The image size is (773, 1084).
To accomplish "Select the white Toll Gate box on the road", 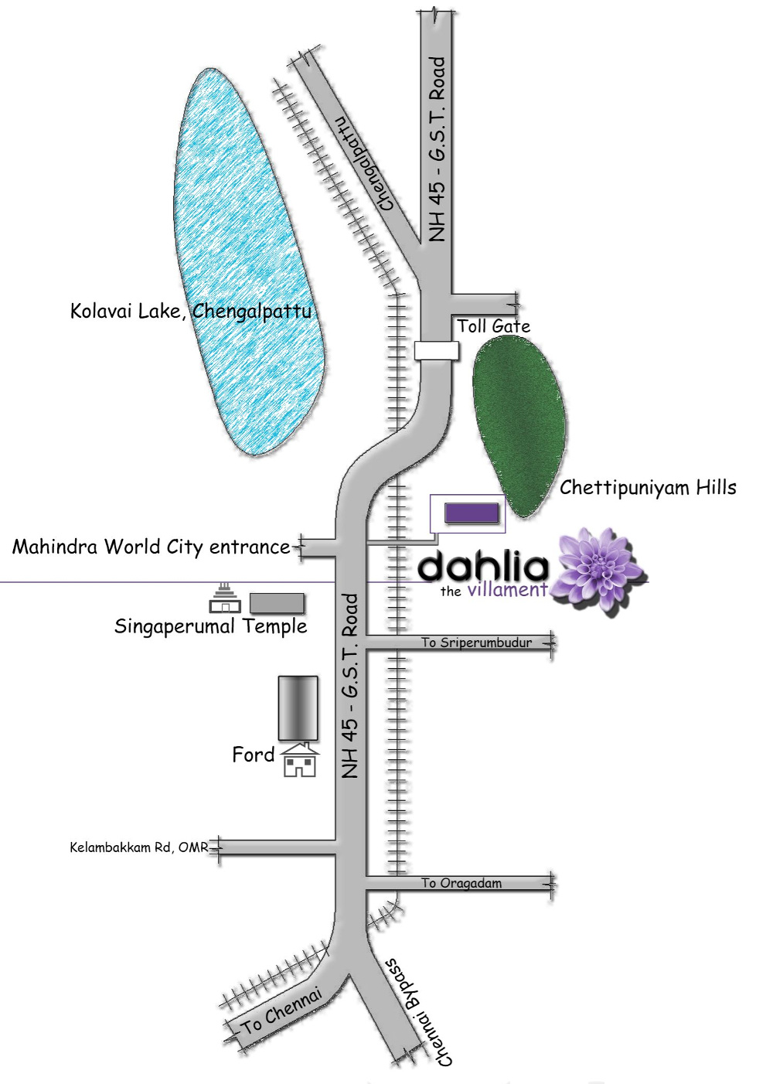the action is [436, 350].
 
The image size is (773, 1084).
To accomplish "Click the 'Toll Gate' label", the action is [493, 326].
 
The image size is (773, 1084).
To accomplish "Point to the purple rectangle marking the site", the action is [472, 513].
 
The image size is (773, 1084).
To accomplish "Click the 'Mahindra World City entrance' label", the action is [151, 547].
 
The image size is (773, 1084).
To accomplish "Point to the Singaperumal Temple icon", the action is [224, 598].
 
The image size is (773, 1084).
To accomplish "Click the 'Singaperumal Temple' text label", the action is [211, 626].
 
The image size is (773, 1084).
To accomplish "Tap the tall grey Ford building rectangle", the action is [298, 708].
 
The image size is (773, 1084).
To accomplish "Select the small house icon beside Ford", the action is [300, 760].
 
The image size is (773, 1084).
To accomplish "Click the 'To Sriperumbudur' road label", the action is [476, 643].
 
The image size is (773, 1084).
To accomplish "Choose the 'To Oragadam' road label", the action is [461, 883].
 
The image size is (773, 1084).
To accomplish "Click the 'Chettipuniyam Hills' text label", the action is [648, 487].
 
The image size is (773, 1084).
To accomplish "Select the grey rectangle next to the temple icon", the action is [278, 603].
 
